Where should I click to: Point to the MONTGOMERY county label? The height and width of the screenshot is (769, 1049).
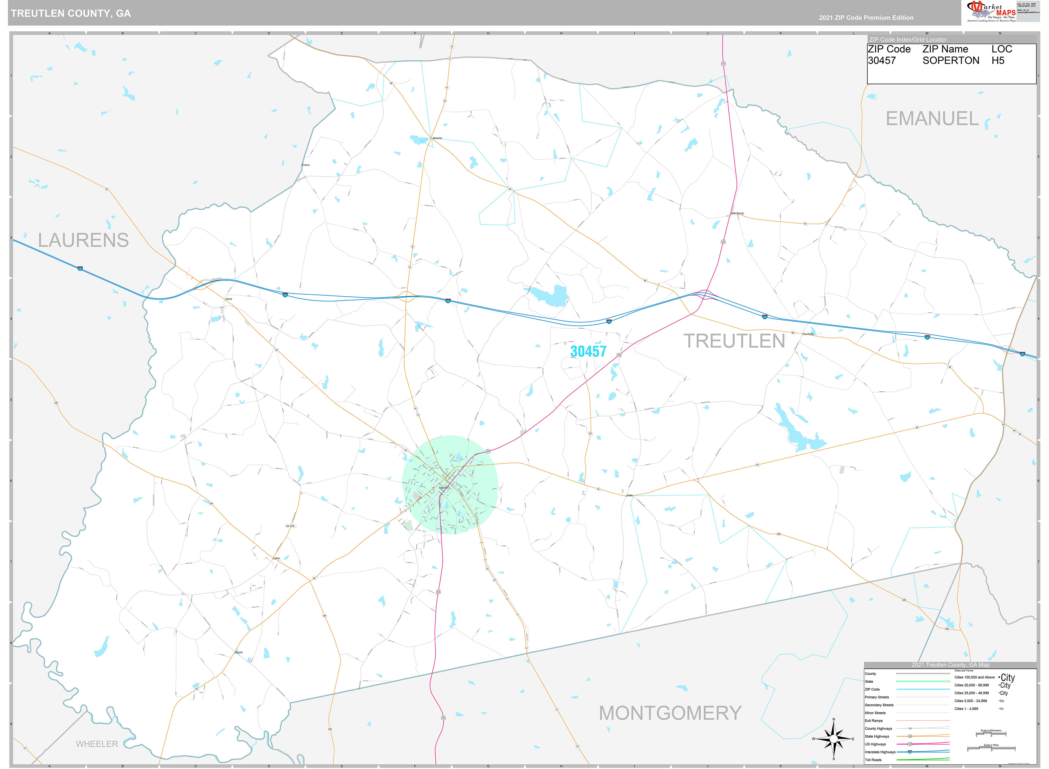click(x=670, y=713)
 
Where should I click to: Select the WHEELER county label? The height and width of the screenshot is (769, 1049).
click(x=97, y=744)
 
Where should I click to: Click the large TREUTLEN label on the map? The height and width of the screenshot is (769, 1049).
click(x=734, y=341)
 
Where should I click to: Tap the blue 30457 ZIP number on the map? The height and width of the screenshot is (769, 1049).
click(x=588, y=351)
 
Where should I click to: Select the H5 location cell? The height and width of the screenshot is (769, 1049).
click(x=998, y=61)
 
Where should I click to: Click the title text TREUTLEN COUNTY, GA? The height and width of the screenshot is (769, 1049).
click(x=71, y=13)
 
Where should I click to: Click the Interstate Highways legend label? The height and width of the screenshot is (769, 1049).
click(x=880, y=752)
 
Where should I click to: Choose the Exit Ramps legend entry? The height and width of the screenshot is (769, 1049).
click(x=874, y=720)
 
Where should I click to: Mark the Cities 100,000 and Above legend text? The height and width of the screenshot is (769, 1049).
click(x=974, y=677)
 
